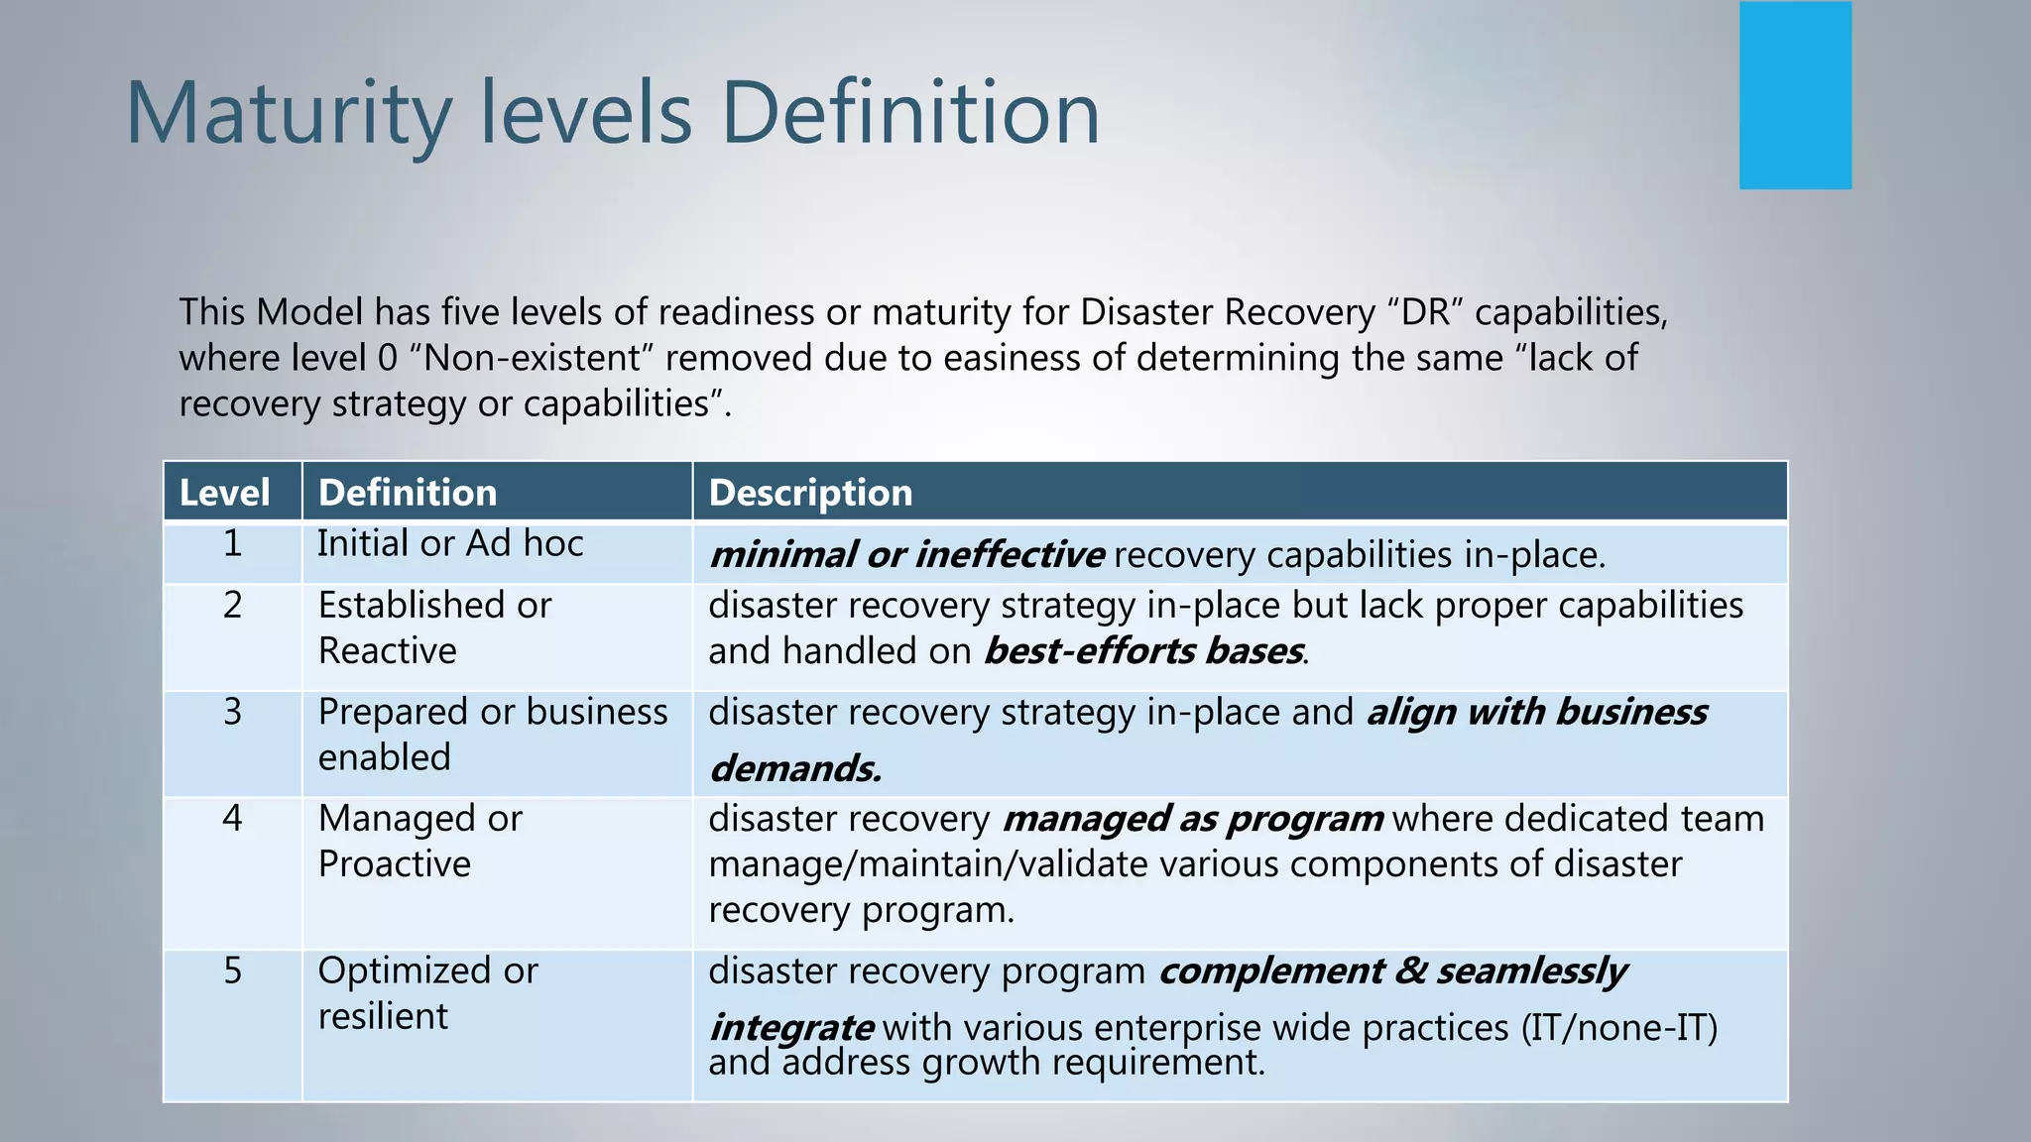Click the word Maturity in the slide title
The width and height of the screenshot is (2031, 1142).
click(288, 114)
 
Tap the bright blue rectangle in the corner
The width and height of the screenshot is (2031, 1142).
click(1795, 95)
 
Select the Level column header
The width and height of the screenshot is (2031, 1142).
click(225, 493)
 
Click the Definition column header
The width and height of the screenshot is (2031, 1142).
click(408, 493)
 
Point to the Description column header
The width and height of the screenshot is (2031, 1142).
click(810, 493)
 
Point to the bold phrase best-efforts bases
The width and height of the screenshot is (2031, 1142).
click(1143, 652)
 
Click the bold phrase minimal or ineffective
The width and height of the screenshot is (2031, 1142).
click(906, 555)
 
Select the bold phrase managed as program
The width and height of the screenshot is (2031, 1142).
click(1192, 820)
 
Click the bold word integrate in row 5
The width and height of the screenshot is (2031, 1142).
click(791, 1028)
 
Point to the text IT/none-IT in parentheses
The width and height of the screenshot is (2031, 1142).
click(1619, 1028)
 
